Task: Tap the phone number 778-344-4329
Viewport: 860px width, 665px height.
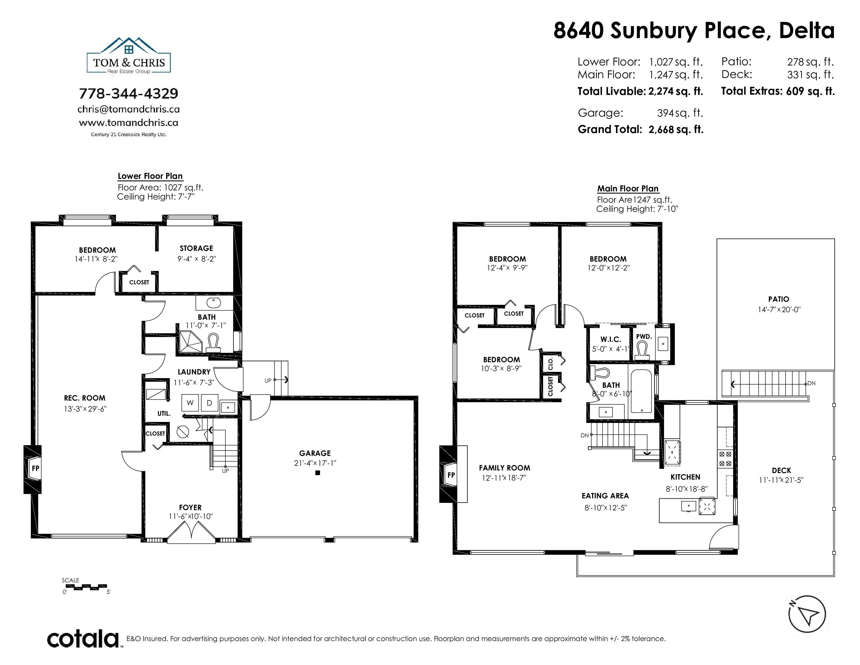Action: (129, 93)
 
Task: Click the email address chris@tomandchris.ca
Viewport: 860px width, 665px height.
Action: (129, 109)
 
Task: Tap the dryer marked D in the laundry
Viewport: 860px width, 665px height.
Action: (210, 403)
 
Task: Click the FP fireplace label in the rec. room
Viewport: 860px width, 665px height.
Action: (35, 468)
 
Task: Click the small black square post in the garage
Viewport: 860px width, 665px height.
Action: (318, 473)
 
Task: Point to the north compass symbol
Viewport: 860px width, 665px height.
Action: (807, 614)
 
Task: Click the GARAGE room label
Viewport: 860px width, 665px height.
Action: (315, 454)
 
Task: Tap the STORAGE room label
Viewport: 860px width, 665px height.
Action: (196, 248)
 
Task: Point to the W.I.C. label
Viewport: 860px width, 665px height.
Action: (611, 339)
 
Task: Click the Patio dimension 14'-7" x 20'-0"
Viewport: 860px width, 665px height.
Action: (779, 310)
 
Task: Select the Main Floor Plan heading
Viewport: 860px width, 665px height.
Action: (628, 189)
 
